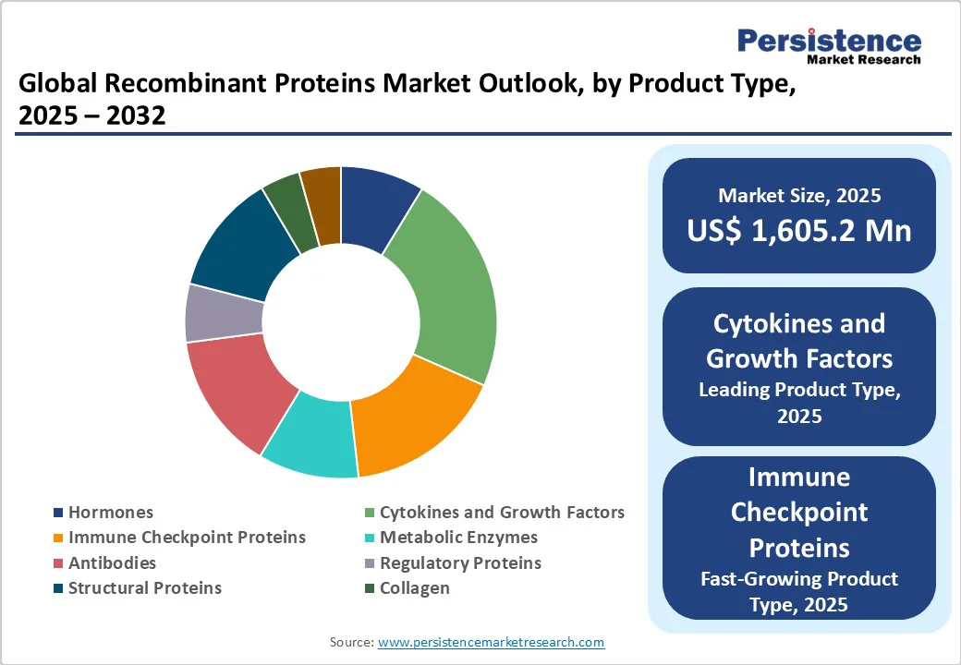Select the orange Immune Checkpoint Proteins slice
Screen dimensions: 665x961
coord(416,416)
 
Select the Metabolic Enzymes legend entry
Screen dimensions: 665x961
coord(458,538)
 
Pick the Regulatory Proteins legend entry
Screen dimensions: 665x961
coord(460,562)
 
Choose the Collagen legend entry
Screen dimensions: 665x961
coord(415,587)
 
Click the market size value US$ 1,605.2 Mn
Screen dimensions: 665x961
coord(799,230)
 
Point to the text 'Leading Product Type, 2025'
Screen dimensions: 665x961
coord(799,403)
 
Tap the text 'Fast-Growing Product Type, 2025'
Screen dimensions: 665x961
coord(799,592)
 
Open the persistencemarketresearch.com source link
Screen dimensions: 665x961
coord(492,642)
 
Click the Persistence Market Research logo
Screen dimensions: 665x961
coord(829,45)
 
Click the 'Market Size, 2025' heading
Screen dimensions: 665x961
coord(799,196)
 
